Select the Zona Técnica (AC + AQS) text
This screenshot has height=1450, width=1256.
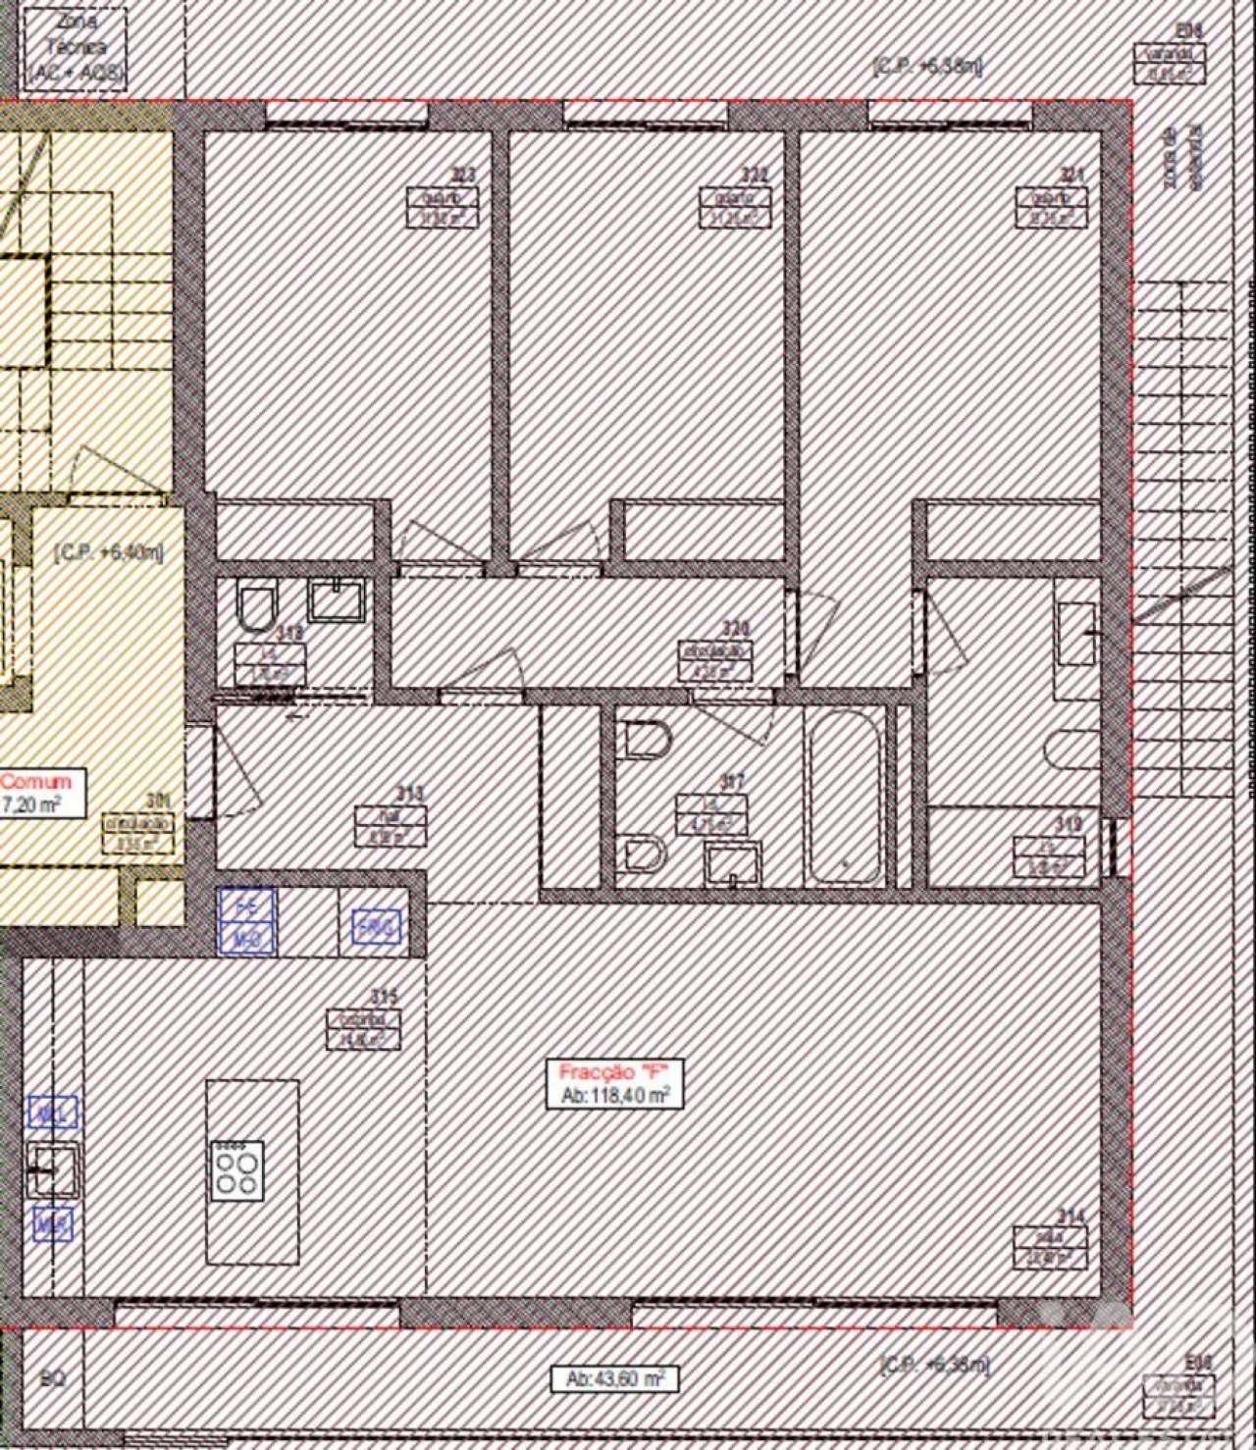(x=77, y=47)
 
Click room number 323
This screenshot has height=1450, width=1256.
(x=462, y=175)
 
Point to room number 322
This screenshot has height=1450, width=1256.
(x=754, y=175)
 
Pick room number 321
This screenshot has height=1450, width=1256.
(x=1072, y=175)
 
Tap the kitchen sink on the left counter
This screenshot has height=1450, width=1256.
(x=51, y=1169)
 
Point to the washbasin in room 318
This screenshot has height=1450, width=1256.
(x=337, y=598)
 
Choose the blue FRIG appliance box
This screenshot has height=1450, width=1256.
(x=377, y=926)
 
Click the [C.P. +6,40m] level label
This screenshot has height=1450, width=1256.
(x=108, y=552)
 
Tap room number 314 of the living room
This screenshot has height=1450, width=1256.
(x=1071, y=1217)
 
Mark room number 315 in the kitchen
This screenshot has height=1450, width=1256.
(x=385, y=997)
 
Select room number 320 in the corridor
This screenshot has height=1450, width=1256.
(x=735, y=628)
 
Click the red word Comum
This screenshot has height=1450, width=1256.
(x=36, y=782)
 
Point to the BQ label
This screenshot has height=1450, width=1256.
(x=53, y=1378)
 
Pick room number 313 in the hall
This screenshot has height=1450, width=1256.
(x=409, y=793)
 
